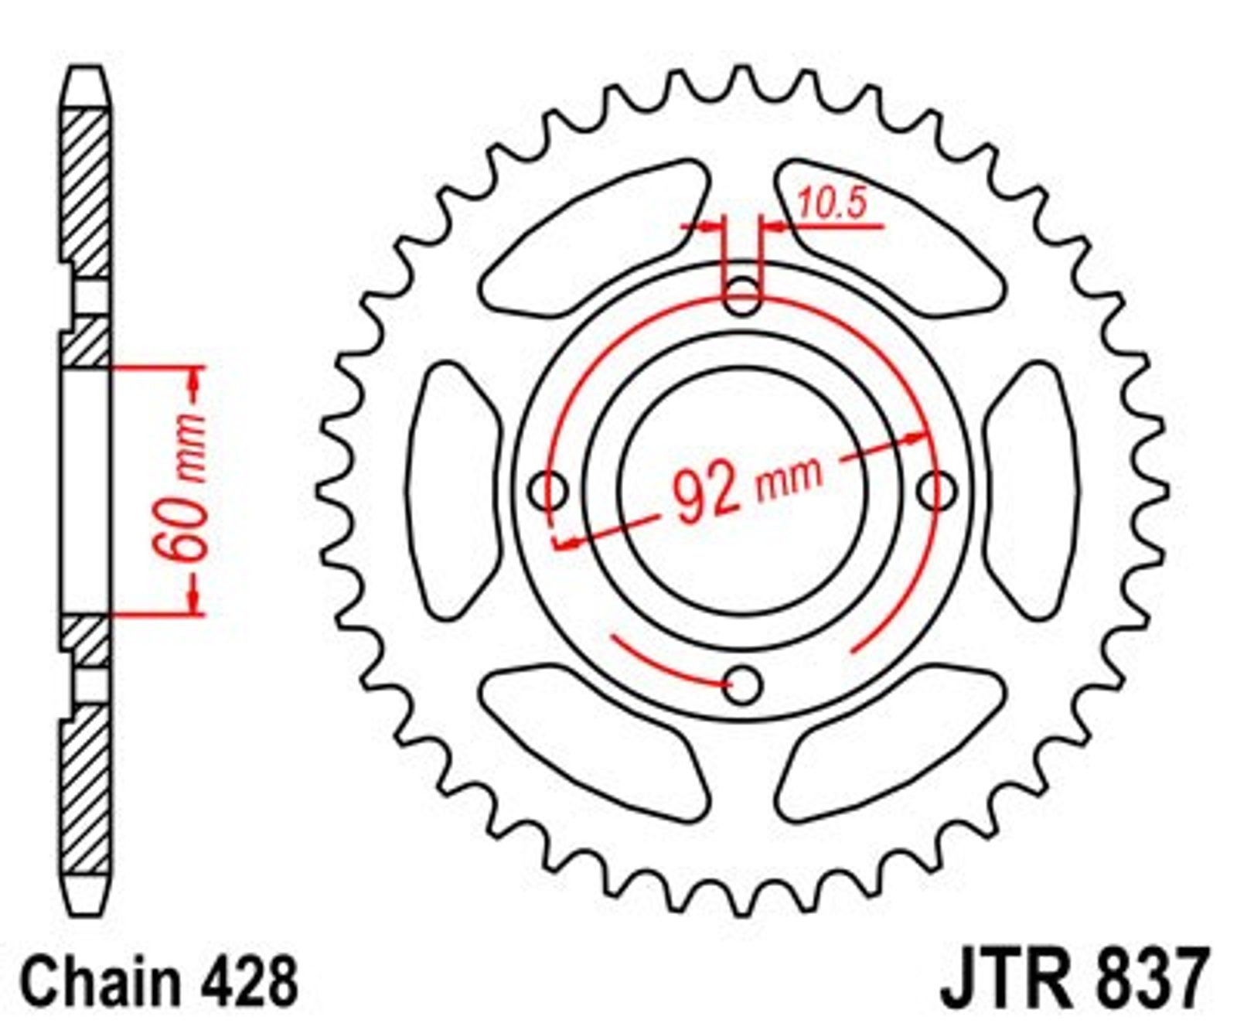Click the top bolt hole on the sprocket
click(x=742, y=295)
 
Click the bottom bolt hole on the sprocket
click(x=743, y=685)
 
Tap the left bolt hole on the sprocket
click(x=550, y=491)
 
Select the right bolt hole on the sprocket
click(x=938, y=491)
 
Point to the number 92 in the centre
click(x=705, y=492)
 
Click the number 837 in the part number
click(x=1149, y=979)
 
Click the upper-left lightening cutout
click(x=594, y=239)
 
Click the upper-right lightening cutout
click(x=892, y=239)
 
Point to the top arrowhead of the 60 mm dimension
click(x=194, y=379)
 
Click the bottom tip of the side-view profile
click(x=85, y=916)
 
